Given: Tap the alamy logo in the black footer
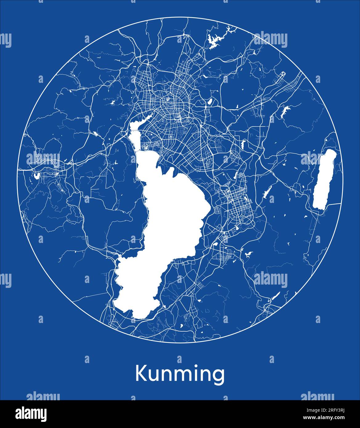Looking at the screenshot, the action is pyautogui.click(x=31, y=414).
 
